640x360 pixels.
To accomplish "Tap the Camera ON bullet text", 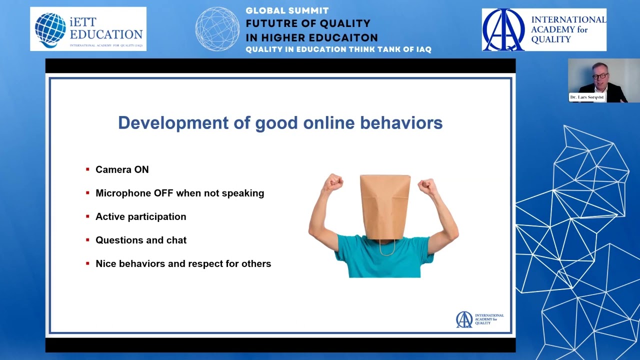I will pos(122,169).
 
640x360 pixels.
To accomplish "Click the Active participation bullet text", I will pos(140,216).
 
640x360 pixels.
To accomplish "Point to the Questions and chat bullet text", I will pos(141,240).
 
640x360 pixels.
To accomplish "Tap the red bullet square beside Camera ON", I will pos(87,169).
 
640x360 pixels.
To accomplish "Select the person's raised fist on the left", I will pos(333,183).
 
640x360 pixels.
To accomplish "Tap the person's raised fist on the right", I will pos(427,186).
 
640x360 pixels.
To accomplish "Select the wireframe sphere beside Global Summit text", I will pos(217,29).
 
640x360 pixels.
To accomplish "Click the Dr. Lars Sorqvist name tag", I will pos(587,97).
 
